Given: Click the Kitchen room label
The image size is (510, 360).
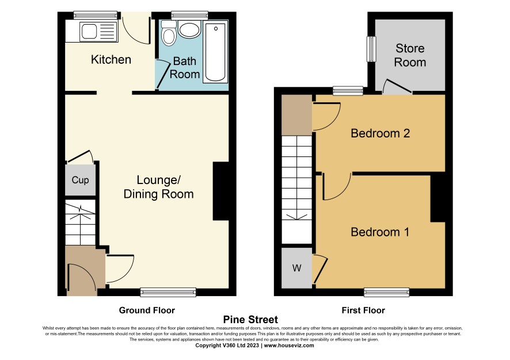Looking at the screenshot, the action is pyautogui.click(x=111, y=60).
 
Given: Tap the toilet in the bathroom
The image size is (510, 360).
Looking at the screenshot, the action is pyautogui.click(x=169, y=33).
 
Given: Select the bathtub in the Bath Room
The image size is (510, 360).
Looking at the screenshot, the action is pyautogui.click(x=215, y=52).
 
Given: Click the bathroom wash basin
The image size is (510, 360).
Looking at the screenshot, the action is pyautogui.click(x=189, y=30).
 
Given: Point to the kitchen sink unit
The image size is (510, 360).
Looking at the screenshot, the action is pyautogui.click(x=92, y=31).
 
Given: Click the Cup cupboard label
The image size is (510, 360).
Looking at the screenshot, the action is pyautogui.click(x=80, y=180).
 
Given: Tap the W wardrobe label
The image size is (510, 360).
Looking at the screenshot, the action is pyautogui.click(x=296, y=268).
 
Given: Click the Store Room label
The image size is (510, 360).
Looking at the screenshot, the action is pyautogui.click(x=410, y=55).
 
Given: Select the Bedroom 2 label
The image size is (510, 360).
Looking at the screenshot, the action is pyautogui.click(x=380, y=133).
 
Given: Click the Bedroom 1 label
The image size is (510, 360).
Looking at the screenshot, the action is pyautogui.click(x=380, y=232).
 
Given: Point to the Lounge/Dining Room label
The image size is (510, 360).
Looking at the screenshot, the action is pyautogui.click(x=159, y=187).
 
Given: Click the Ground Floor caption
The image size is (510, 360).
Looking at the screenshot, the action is pyautogui.click(x=147, y=311).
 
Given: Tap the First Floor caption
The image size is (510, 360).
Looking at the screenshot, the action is pyautogui.click(x=363, y=311).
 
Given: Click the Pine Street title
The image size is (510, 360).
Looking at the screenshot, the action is pyautogui.click(x=250, y=319).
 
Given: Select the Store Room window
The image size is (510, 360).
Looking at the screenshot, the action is pyautogui.click(x=371, y=49).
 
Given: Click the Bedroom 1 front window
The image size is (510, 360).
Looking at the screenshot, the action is pyautogui.click(x=386, y=292).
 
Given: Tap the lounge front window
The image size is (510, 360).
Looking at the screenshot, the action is pyautogui.click(x=168, y=292).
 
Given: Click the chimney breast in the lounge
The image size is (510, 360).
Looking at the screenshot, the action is pyautogui.click(x=221, y=192).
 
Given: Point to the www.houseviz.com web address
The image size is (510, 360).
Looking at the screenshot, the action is pyautogui.click(x=289, y=346).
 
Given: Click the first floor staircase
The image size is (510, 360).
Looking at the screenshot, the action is pyautogui.click(x=296, y=190).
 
